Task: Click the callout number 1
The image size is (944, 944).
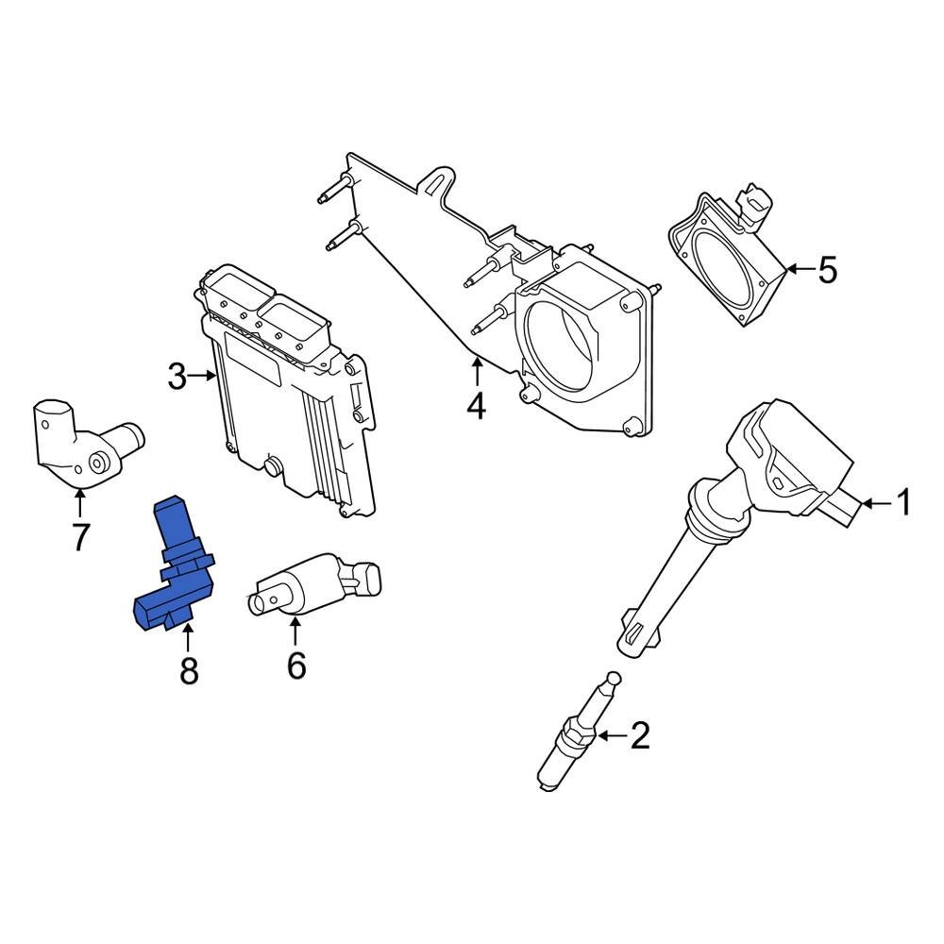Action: pos(903,504)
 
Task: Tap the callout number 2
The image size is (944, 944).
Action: pos(640,735)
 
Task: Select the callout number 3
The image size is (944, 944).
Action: pos(177,377)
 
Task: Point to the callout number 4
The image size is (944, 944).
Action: pos(476,407)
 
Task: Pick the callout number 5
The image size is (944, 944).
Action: pos(827,271)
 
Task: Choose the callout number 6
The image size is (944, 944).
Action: pos(296,666)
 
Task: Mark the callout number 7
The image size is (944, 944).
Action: pos(80,538)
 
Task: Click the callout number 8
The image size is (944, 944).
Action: pos(189,671)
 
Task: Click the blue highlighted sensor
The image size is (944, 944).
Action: pos(176,565)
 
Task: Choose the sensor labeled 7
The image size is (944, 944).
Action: pos(85,444)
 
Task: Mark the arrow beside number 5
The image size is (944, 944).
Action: pos(799,271)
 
